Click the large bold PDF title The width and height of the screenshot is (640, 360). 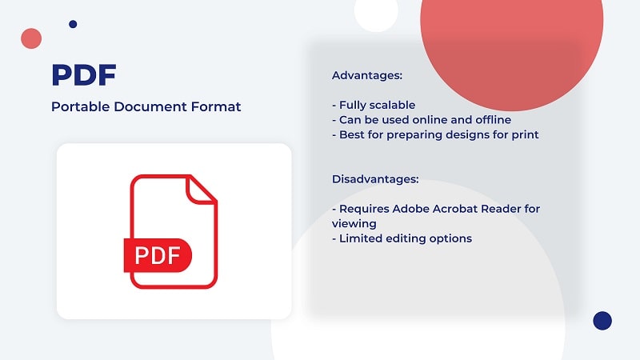pos(84,74)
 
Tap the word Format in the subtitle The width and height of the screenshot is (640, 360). pos(216,106)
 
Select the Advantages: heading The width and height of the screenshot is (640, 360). pos(367,75)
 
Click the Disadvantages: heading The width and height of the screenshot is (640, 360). pos(375,179)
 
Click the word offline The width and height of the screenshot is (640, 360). pos(493,120)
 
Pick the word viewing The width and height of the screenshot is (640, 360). pos(354,224)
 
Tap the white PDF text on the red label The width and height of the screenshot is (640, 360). pos(158,255)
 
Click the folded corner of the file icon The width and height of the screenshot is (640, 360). pos(201,190)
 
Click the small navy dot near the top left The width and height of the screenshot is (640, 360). pos(73,24)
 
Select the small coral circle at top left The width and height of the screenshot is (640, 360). pos(31,38)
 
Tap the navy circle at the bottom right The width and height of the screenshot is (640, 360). pos(602,321)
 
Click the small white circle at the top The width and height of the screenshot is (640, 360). pos(376,11)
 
